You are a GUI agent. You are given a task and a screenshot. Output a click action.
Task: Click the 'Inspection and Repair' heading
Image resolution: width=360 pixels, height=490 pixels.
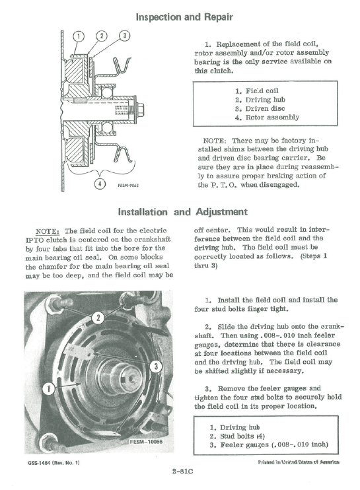(184, 17)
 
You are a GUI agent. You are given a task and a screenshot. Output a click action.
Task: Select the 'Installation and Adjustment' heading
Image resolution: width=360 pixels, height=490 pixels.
(182, 212)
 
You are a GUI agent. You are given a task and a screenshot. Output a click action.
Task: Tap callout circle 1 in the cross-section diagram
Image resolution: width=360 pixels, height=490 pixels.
(78, 36)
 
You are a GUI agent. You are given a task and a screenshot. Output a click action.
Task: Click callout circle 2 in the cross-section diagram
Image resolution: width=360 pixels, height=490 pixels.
(102, 36)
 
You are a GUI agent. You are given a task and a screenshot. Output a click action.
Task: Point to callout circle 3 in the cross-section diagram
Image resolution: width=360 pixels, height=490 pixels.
(124, 36)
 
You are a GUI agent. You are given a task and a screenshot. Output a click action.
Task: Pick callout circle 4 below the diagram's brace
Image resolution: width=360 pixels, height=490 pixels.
(100, 184)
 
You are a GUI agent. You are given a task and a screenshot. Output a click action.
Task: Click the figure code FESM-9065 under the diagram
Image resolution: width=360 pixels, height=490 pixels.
(127, 186)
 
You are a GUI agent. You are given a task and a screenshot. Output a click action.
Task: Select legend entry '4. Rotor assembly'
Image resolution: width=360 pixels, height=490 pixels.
(267, 118)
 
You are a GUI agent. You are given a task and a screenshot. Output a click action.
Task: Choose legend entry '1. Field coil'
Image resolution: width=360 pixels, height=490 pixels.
(256, 91)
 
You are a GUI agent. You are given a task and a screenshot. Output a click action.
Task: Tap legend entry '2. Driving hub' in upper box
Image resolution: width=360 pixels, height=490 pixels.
(260, 100)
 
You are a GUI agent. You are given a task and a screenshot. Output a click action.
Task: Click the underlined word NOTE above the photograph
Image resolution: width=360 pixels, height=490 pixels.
(47, 232)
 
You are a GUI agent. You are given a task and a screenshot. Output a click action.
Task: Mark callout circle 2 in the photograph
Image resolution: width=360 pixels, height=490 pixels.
(98, 318)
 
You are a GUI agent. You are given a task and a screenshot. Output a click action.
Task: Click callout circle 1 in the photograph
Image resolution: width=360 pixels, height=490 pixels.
(49, 389)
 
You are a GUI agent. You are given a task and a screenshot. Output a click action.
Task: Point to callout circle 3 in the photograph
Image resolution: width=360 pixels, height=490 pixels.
(156, 366)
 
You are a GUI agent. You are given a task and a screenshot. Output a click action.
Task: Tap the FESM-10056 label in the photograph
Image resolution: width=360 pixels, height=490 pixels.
(146, 442)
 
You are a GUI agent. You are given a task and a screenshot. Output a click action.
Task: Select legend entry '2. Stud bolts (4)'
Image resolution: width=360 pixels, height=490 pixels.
(237, 437)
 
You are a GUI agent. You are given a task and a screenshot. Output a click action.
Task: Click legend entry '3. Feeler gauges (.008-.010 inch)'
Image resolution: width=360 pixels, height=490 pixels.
(269, 445)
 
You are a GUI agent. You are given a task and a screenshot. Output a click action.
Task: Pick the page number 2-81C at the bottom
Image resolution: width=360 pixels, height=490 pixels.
(182, 472)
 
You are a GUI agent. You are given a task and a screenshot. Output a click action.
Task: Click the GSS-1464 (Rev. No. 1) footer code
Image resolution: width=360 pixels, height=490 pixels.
(54, 462)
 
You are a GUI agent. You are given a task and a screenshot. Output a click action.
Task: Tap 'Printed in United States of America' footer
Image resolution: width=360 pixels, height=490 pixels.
(299, 462)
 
